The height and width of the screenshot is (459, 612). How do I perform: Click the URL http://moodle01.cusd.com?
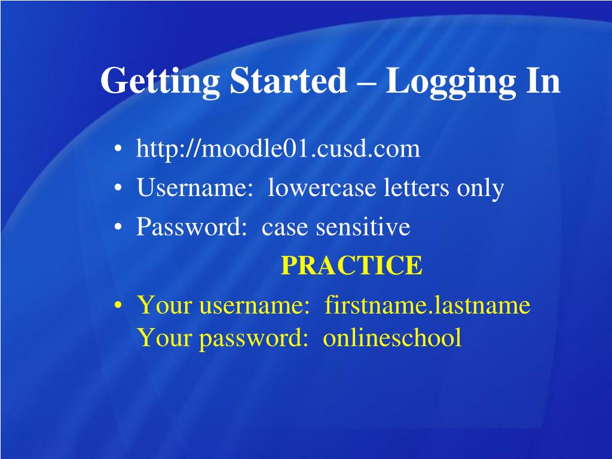tap(278, 149)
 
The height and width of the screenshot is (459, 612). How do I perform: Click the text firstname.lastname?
tap(427, 305)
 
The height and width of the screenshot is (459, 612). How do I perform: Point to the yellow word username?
tap(254, 305)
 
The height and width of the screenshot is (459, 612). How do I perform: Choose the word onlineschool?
tap(392, 338)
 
